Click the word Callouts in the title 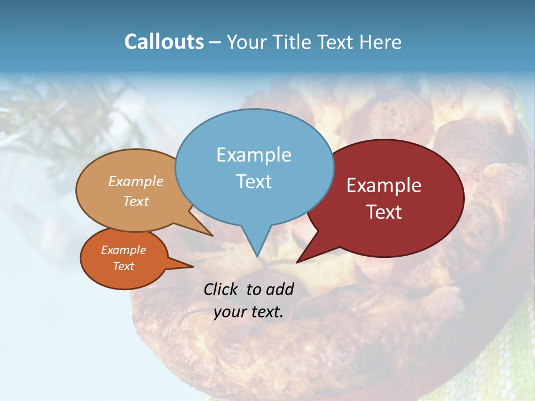pyautogui.click(x=164, y=42)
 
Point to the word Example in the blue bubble pyautogui.click(x=254, y=155)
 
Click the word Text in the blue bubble pyautogui.click(x=254, y=182)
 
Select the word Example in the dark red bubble pyautogui.click(x=384, y=185)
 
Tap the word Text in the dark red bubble pyautogui.click(x=384, y=212)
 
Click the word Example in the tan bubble pyautogui.click(x=136, y=182)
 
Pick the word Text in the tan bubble pyautogui.click(x=136, y=202)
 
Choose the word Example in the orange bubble pyautogui.click(x=123, y=250)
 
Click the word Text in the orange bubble pyautogui.click(x=123, y=266)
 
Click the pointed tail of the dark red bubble pyautogui.click(x=298, y=261)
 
